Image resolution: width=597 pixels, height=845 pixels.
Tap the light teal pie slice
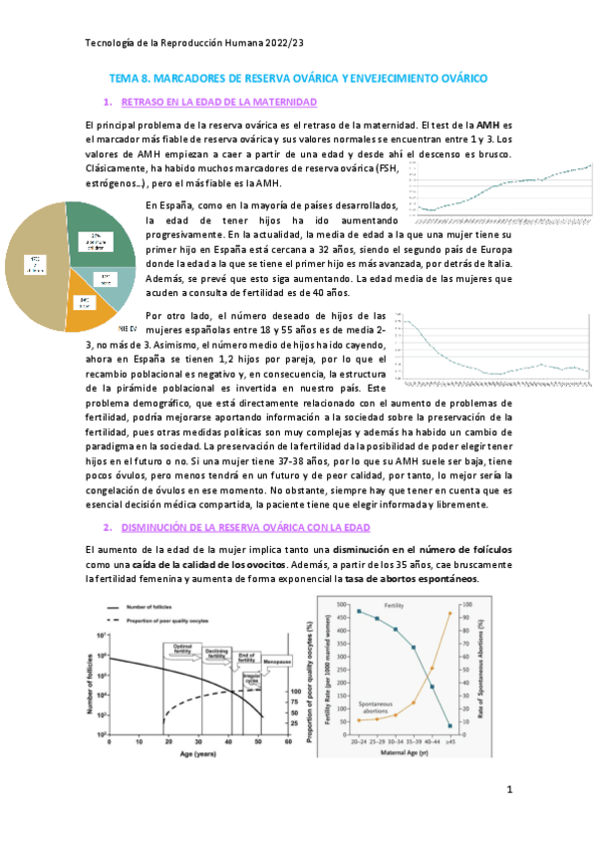114,285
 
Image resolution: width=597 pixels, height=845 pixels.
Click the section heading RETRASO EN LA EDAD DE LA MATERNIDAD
218,103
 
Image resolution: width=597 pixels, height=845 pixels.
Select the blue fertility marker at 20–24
358,611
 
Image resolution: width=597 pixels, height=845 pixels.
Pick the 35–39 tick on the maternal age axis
413,743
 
